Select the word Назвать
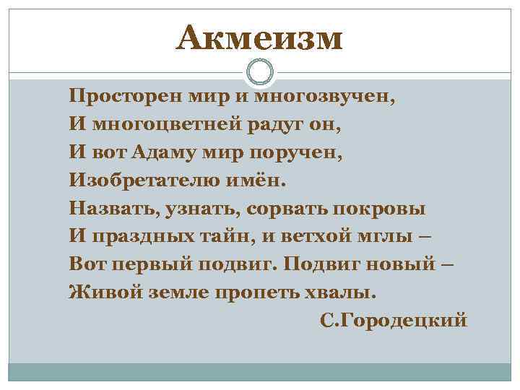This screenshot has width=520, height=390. point(112,209)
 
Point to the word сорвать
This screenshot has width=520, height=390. point(282,209)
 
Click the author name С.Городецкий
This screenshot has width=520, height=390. point(394,320)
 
